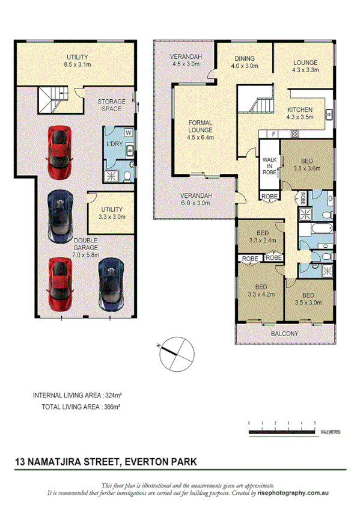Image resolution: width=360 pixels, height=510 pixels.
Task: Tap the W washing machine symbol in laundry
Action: (x=129, y=132)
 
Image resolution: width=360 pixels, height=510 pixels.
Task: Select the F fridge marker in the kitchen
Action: (x=273, y=133)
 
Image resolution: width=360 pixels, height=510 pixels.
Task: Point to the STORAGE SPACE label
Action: (x=112, y=105)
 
